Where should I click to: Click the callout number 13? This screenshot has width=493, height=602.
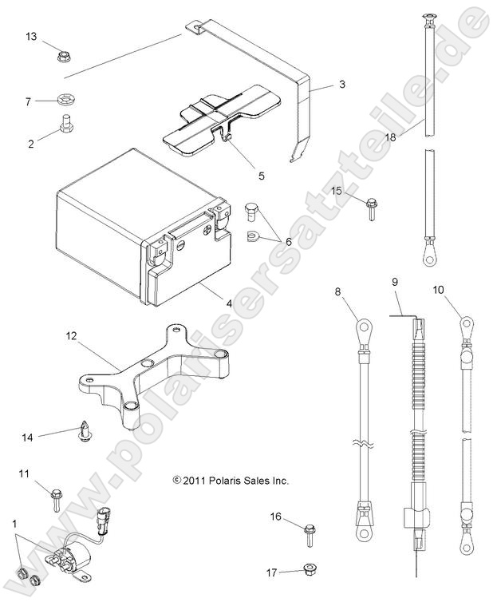coord(31,37)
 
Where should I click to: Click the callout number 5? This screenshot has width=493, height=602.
coord(261,174)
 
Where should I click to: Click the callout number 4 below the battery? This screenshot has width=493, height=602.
coord(230,303)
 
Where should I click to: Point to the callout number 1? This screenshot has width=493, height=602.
coord(14,523)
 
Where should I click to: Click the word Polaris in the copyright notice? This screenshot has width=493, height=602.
coord(226,481)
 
